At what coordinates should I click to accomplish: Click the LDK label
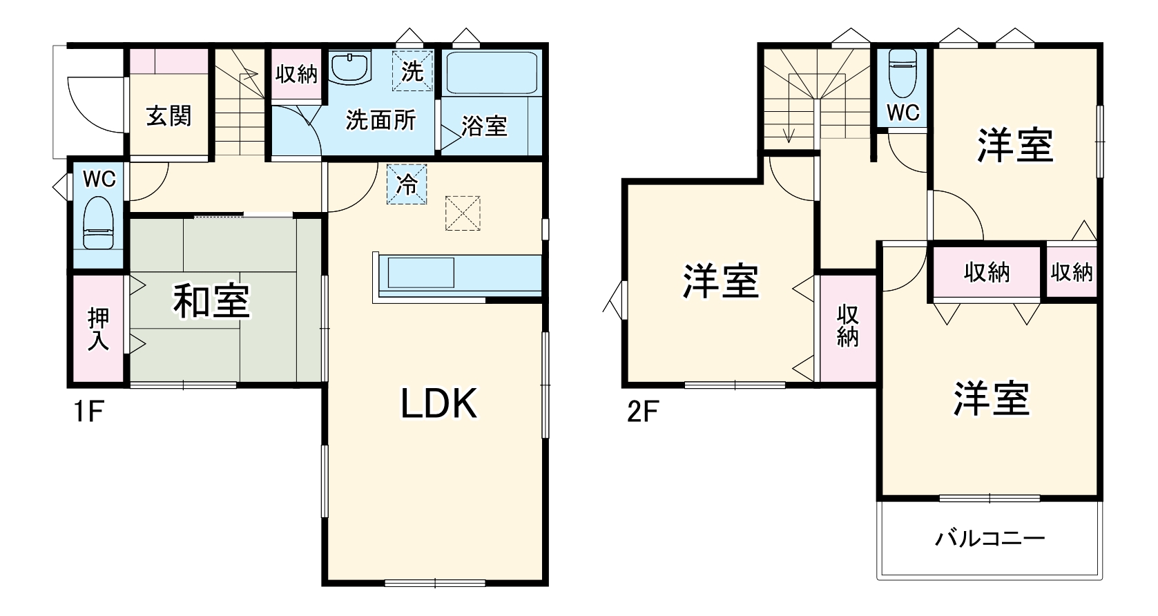click(x=439, y=404)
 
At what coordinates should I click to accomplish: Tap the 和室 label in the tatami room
click(x=211, y=301)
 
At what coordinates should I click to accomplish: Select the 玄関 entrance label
click(x=168, y=115)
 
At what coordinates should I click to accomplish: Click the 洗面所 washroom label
click(x=380, y=120)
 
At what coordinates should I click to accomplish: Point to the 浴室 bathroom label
click(x=484, y=126)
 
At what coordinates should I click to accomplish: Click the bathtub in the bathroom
click(x=492, y=73)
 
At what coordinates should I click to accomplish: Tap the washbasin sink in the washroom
click(x=350, y=67)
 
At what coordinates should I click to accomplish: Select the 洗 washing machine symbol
click(x=412, y=71)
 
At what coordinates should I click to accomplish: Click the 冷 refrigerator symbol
click(x=407, y=184)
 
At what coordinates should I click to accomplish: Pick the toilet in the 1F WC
click(x=98, y=223)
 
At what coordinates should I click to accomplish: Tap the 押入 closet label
click(x=98, y=329)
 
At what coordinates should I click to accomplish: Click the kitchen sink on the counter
click(x=421, y=273)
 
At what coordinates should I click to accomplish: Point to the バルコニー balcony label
click(x=990, y=538)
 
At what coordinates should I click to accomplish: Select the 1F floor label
click(x=88, y=412)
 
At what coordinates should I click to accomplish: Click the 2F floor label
click(x=642, y=412)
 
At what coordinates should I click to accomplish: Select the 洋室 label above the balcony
click(x=991, y=398)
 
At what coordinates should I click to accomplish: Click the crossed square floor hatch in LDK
click(x=463, y=213)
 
